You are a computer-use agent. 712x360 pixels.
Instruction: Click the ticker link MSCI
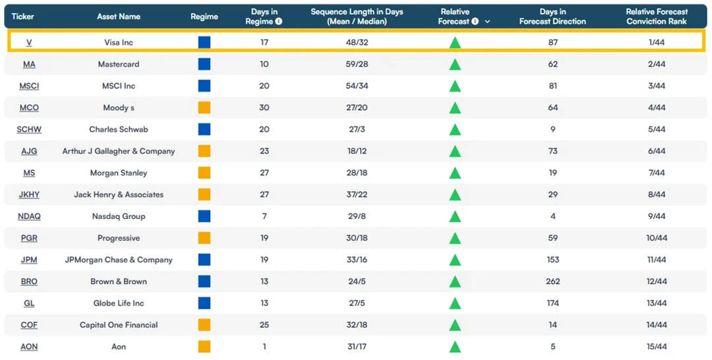pyautogui.click(x=29, y=86)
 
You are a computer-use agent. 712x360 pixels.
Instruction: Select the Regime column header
pyautogui.click(x=204, y=16)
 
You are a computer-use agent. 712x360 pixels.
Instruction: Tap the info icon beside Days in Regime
pyautogui.click(x=279, y=21)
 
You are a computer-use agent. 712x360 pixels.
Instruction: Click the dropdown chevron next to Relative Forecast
pyautogui.click(x=487, y=21)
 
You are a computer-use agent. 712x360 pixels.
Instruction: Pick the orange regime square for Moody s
pyautogui.click(x=204, y=107)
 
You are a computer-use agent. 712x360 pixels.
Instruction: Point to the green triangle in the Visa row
pyautogui.click(x=455, y=43)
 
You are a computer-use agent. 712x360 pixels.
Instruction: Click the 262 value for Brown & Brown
pyautogui.click(x=552, y=282)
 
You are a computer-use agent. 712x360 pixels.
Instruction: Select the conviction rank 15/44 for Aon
pyautogui.click(x=657, y=347)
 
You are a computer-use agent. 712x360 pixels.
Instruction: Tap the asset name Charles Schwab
pyautogui.click(x=119, y=129)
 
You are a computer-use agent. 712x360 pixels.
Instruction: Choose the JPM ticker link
pyautogui.click(x=29, y=260)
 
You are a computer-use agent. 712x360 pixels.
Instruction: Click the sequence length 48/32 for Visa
pyautogui.click(x=357, y=42)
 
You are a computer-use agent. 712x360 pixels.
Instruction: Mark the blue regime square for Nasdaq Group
pyautogui.click(x=204, y=216)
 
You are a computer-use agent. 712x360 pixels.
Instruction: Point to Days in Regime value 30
pyautogui.click(x=264, y=107)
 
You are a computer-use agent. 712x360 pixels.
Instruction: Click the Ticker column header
pyautogui.click(x=22, y=16)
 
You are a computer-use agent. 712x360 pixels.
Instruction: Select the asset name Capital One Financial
pyautogui.click(x=119, y=325)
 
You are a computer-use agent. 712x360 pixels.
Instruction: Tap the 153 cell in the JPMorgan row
pyautogui.click(x=552, y=260)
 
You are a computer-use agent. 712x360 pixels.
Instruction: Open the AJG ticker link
pyautogui.click(x=29, y=151)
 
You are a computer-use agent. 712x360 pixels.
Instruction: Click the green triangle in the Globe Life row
pyautogui.click(x=455, y=304)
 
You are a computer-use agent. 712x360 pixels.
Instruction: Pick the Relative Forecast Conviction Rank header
pyautogui.click(x=657, y=16)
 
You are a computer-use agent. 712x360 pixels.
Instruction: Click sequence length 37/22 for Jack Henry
pyautogui.click(x=357, y=195)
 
